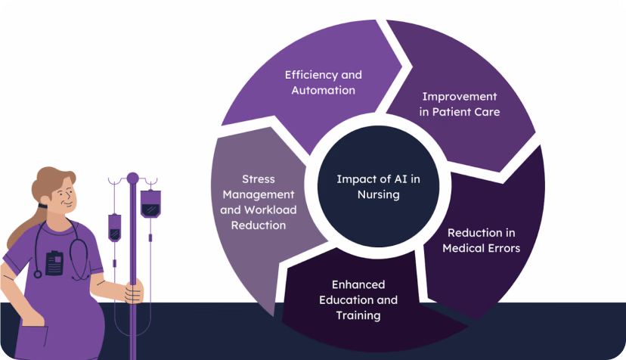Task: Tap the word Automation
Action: (324, 90)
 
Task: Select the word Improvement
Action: (460, 97)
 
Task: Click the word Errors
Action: (503, 248)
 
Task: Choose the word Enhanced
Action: (358, 284)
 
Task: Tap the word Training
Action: (358, 315)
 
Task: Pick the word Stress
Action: (259, 179)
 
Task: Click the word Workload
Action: (271, 209)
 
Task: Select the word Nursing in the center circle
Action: (379, 194)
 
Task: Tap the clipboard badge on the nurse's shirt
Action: (54, 263)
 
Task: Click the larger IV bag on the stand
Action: (150, 203)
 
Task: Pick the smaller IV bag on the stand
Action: (115, 228)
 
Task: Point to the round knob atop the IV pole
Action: (132, 178)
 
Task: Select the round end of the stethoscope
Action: (38, 274)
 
